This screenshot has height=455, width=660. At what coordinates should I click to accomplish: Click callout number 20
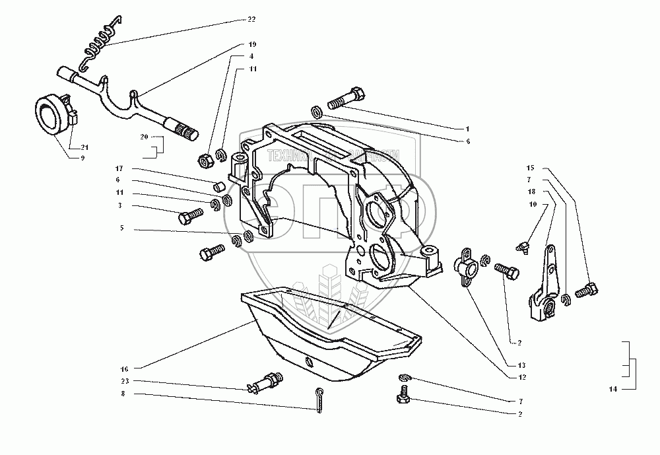coord(144,137)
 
